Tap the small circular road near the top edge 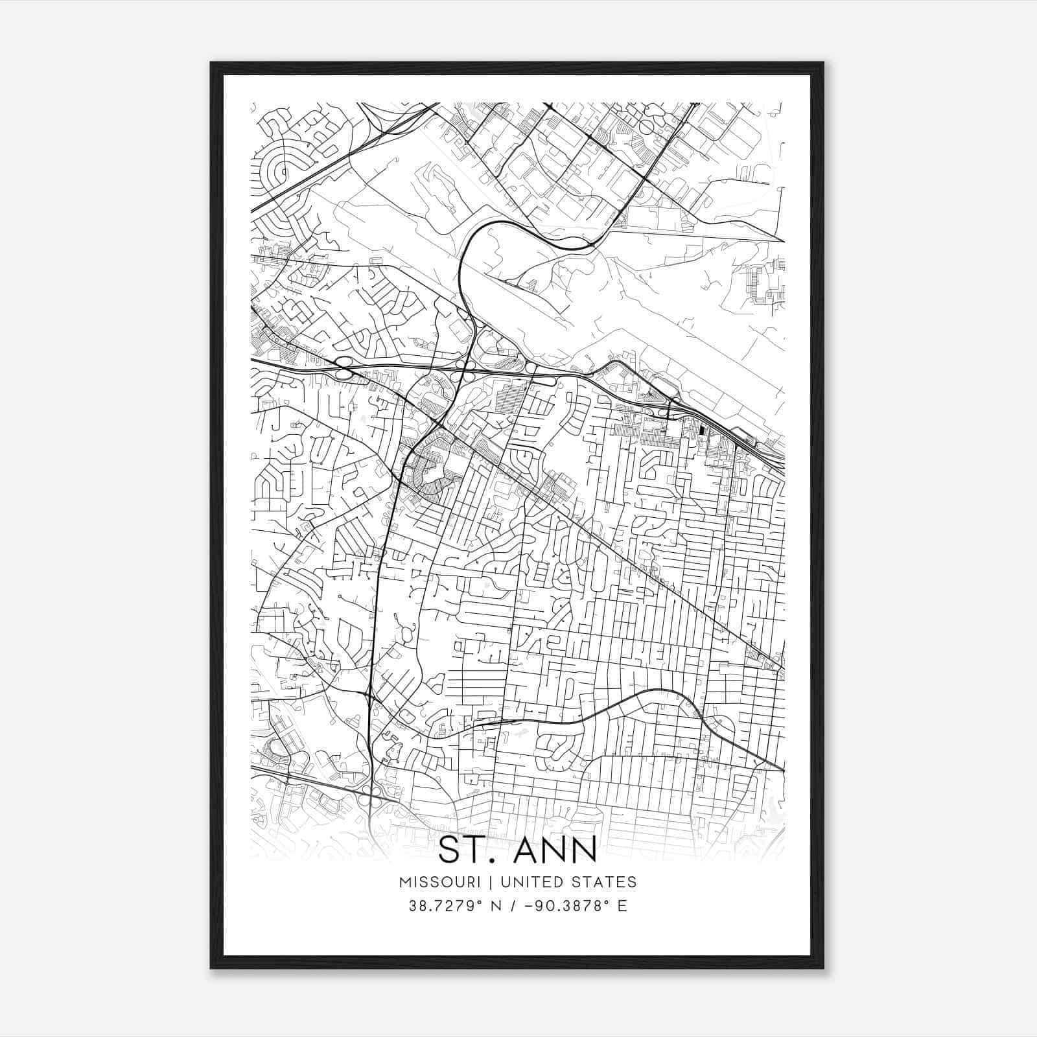[x=646, y=126]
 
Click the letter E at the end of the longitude [x=622, y=905]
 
